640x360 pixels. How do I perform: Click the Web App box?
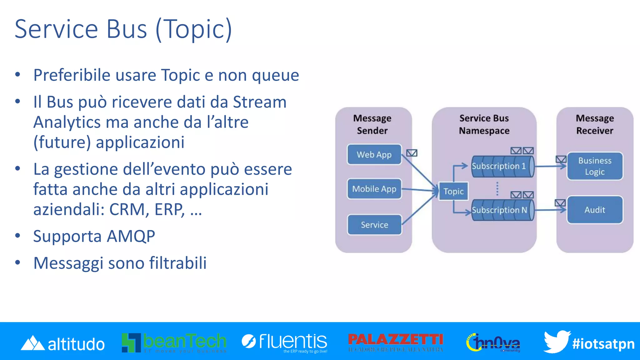pos(374,154)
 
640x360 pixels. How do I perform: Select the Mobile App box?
pos(374,189)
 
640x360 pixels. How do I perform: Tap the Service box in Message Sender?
pos(374,225)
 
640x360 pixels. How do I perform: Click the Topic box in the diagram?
pos(453,191)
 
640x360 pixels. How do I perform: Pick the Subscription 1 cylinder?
pos(502,166)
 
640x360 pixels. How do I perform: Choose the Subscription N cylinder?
pos(502,210)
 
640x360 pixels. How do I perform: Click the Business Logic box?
pos(595,166)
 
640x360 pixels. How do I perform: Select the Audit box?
pos(595,210)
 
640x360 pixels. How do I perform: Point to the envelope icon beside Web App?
pos(412,153)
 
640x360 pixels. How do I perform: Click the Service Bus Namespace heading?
pos(484,124)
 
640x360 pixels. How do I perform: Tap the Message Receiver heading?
pos(595,124)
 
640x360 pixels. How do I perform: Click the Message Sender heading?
pos(372,124)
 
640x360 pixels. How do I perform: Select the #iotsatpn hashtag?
pos(603,344)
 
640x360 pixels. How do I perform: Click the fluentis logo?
pos(285,342)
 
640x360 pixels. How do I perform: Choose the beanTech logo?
pos(174,342)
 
